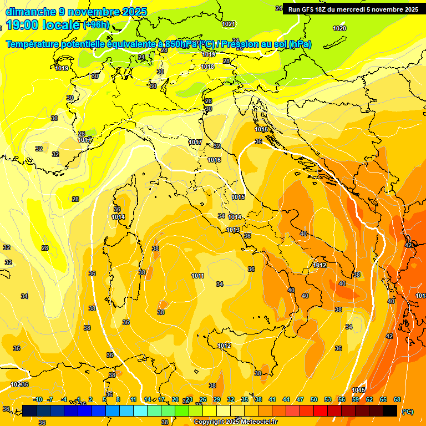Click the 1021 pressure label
tap(229, 24)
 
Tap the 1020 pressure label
tap(339, 28)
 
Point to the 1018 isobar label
tap(207, 67)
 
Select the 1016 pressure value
tap(214, 160)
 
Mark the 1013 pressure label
tap(233, 230)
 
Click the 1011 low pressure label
tap(197, 276)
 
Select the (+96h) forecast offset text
tap(97, 26)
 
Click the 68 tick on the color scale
tap(397, 399)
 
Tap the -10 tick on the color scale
tap(38, 399)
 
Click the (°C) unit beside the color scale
tap(408, 411)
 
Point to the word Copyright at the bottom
tap(210, 422)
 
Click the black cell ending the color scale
tap(390, 410)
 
